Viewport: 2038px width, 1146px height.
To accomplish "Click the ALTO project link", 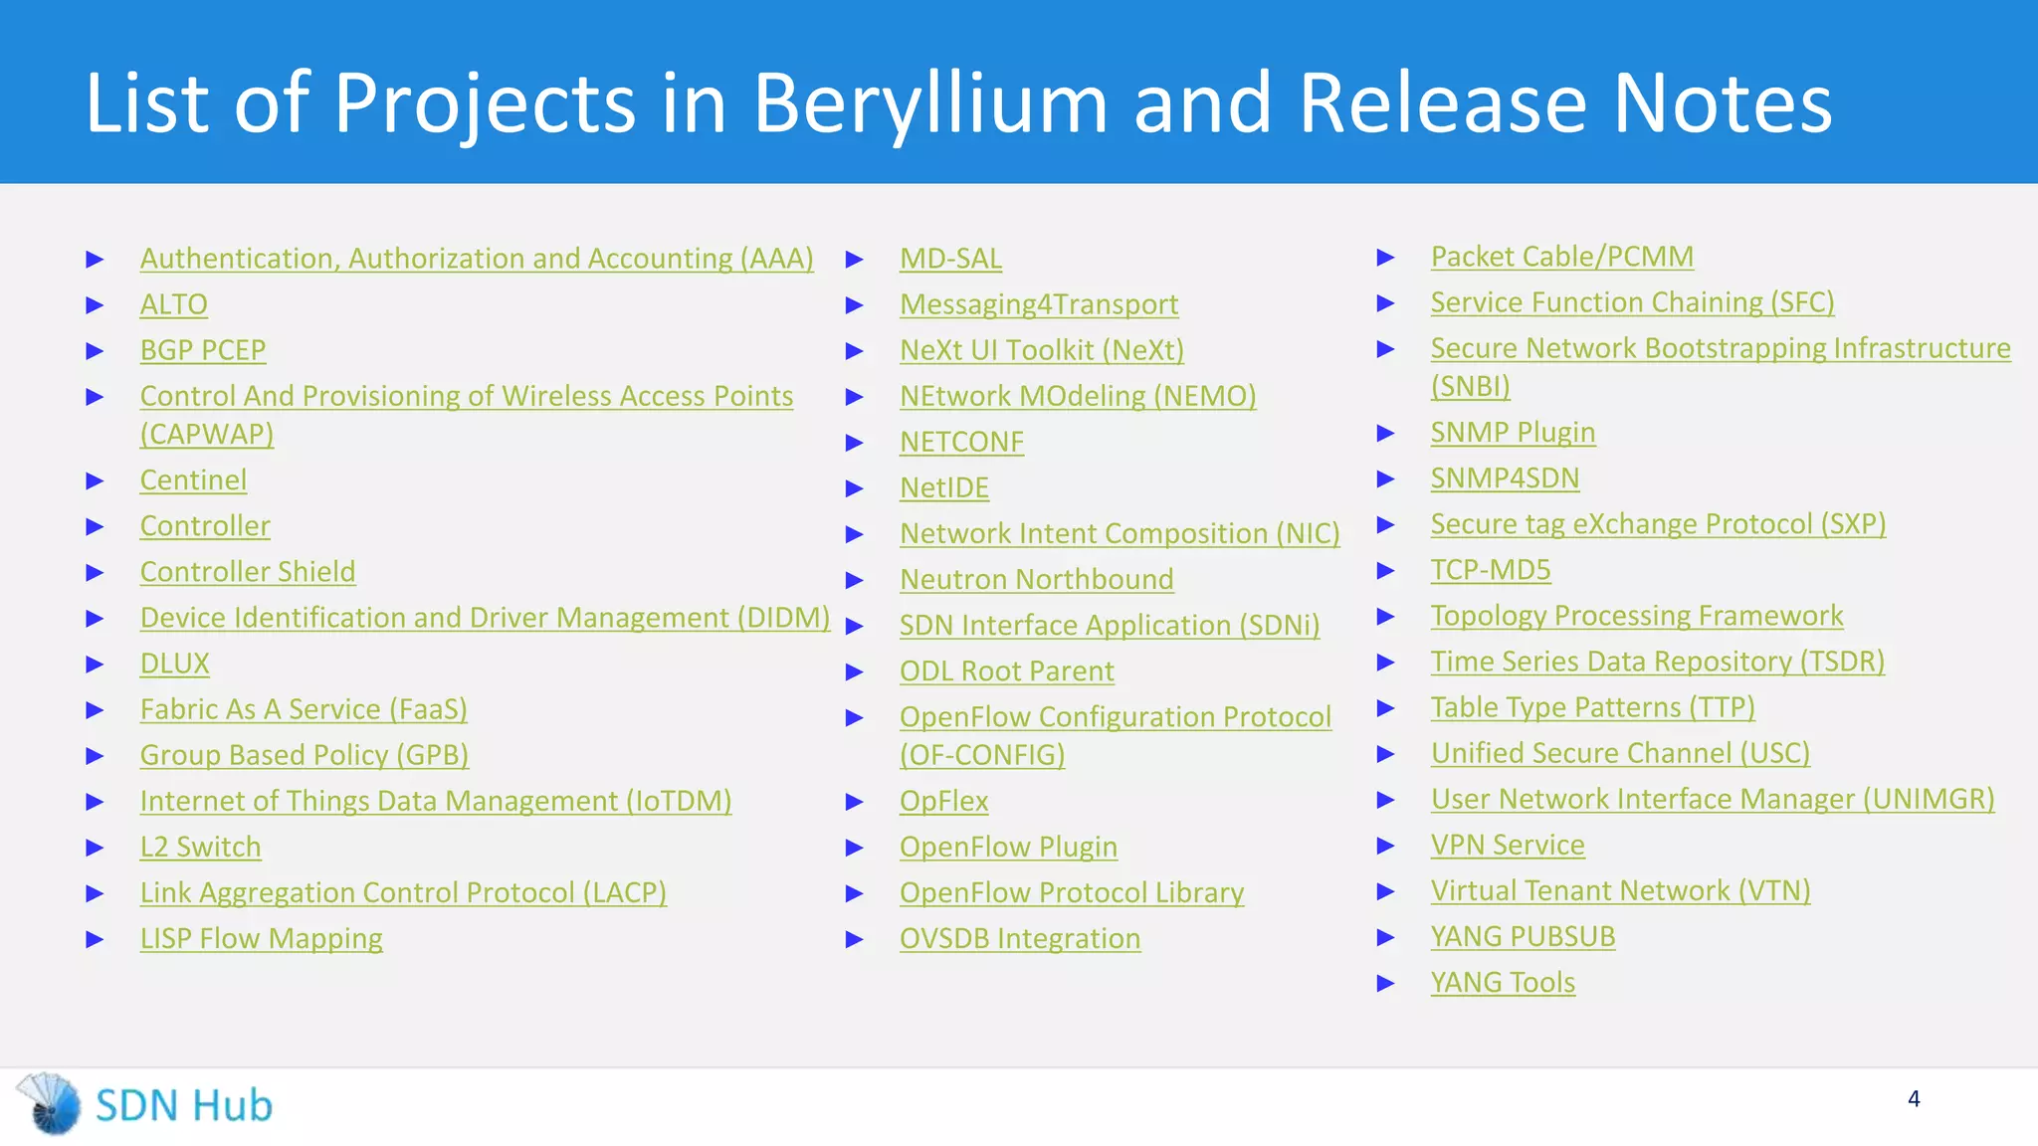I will [173, 304].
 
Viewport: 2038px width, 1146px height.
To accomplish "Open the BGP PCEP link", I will [203, 350].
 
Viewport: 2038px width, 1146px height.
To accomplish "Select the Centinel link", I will [193, 480].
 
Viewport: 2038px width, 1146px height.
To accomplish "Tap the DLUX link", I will [174, 664].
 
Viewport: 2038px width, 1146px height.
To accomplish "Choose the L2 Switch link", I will [200, 847].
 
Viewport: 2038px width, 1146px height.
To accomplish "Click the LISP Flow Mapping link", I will [261, 938].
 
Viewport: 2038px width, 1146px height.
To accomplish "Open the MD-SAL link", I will [950, 259].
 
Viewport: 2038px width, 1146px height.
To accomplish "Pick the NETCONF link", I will [961, 442].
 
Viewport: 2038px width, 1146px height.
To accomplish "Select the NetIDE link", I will [944, 487].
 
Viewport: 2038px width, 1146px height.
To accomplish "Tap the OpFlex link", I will [943, 801].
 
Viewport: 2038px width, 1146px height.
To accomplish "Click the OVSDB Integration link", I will [1020, 938].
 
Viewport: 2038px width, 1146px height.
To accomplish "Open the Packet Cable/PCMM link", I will [1561, 257].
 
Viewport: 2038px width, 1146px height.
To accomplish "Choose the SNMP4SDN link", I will [1505, 478].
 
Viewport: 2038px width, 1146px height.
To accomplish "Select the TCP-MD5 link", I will [1491, 570].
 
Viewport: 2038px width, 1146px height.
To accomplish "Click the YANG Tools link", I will [1503, 983].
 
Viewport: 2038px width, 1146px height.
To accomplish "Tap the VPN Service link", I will [1508, 845].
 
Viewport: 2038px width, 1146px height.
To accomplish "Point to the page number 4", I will [1914, 1099].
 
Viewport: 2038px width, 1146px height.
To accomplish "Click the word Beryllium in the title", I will [929, 103].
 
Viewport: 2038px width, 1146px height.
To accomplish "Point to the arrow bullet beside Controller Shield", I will [96, 572].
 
